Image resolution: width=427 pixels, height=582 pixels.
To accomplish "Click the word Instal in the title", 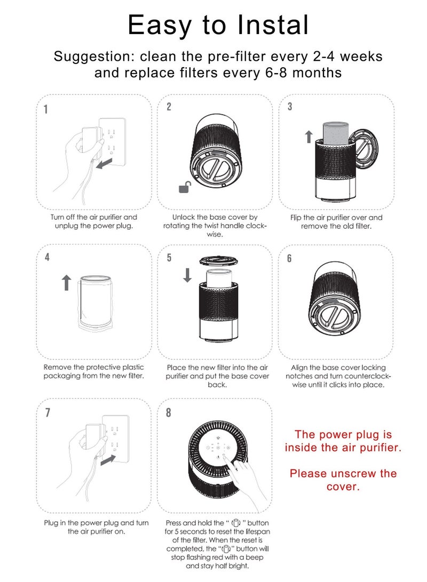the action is click(x=273, y=25).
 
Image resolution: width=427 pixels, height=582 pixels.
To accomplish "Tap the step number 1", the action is click(x=46, y=109).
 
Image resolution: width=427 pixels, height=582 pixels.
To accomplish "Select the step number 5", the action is click(x=169, y=258).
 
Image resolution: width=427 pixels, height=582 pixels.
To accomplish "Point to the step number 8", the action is click(x=169, y=413).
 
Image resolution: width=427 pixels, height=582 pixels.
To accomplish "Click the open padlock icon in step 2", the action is click(x=185, y=187).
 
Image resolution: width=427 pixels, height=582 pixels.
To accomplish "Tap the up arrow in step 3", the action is click(x=309, y=137).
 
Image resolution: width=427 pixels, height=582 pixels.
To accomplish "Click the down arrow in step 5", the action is click(x=187, y=275).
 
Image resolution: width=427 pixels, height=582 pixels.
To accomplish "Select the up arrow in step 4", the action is click(x=66, y=283).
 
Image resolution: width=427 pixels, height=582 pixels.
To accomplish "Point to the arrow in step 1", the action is click(x=104, y=163).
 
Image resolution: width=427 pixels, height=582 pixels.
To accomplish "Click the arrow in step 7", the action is click(x=108, y=460).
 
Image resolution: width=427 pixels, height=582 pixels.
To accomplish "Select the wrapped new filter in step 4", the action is click(x=95, y=301).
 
